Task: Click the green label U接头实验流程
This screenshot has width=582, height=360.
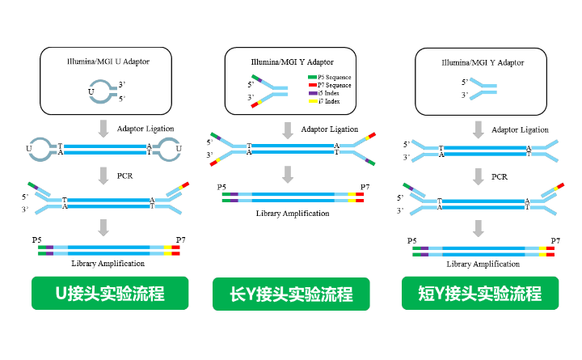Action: [110, 293]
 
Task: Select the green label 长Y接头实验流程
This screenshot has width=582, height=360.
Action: [291, 294]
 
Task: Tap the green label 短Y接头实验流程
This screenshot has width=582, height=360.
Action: [480, 293]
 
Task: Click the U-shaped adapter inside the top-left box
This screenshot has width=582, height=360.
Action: [102, 91]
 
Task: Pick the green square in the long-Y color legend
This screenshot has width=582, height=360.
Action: [313, 78]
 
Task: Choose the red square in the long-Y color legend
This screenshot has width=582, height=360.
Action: [313, 85]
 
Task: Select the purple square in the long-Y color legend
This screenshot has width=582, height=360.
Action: [313, 93]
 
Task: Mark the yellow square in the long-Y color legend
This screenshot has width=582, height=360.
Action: [313, 101]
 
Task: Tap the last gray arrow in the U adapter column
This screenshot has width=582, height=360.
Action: [103, 227]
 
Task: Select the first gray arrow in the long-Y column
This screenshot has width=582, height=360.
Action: [288, 130]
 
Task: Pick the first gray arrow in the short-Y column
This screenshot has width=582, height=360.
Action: [479, 129]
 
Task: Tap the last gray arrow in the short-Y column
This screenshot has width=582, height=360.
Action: [479, 228]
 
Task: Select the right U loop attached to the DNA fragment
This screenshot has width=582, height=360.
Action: [168, 149]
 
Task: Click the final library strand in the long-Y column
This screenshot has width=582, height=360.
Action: [293, 197]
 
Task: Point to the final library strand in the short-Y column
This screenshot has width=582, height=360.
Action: [483, 251]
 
